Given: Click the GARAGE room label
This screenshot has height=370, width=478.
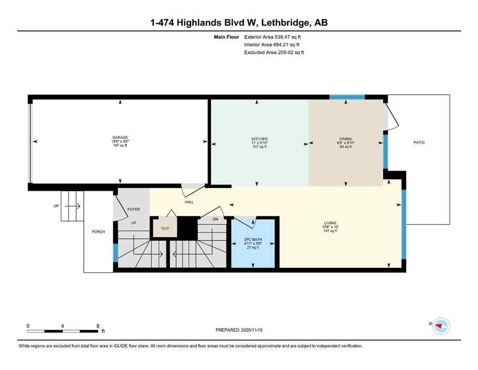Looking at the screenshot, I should (120, 138).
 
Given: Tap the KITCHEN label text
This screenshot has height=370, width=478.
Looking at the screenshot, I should (259, 139).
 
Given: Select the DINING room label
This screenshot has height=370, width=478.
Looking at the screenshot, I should (345, 139).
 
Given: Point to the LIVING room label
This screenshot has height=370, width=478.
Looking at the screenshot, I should (330, 223).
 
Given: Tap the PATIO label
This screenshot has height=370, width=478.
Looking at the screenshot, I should (419, 143).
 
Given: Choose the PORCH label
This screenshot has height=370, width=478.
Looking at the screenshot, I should (98, 232).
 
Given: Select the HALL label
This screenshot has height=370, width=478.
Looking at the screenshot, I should (189, 202).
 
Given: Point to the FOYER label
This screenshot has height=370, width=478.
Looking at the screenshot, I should (133, 210).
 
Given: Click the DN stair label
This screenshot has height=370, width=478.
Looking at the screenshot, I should (215, 219).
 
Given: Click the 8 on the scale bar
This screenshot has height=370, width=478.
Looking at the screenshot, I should (98, 326).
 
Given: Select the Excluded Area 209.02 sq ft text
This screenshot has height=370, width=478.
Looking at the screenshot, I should (274, 53).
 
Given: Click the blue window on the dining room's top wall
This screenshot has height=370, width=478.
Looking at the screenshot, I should (347, 97).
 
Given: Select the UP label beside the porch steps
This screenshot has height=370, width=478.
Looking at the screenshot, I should (56, 206).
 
